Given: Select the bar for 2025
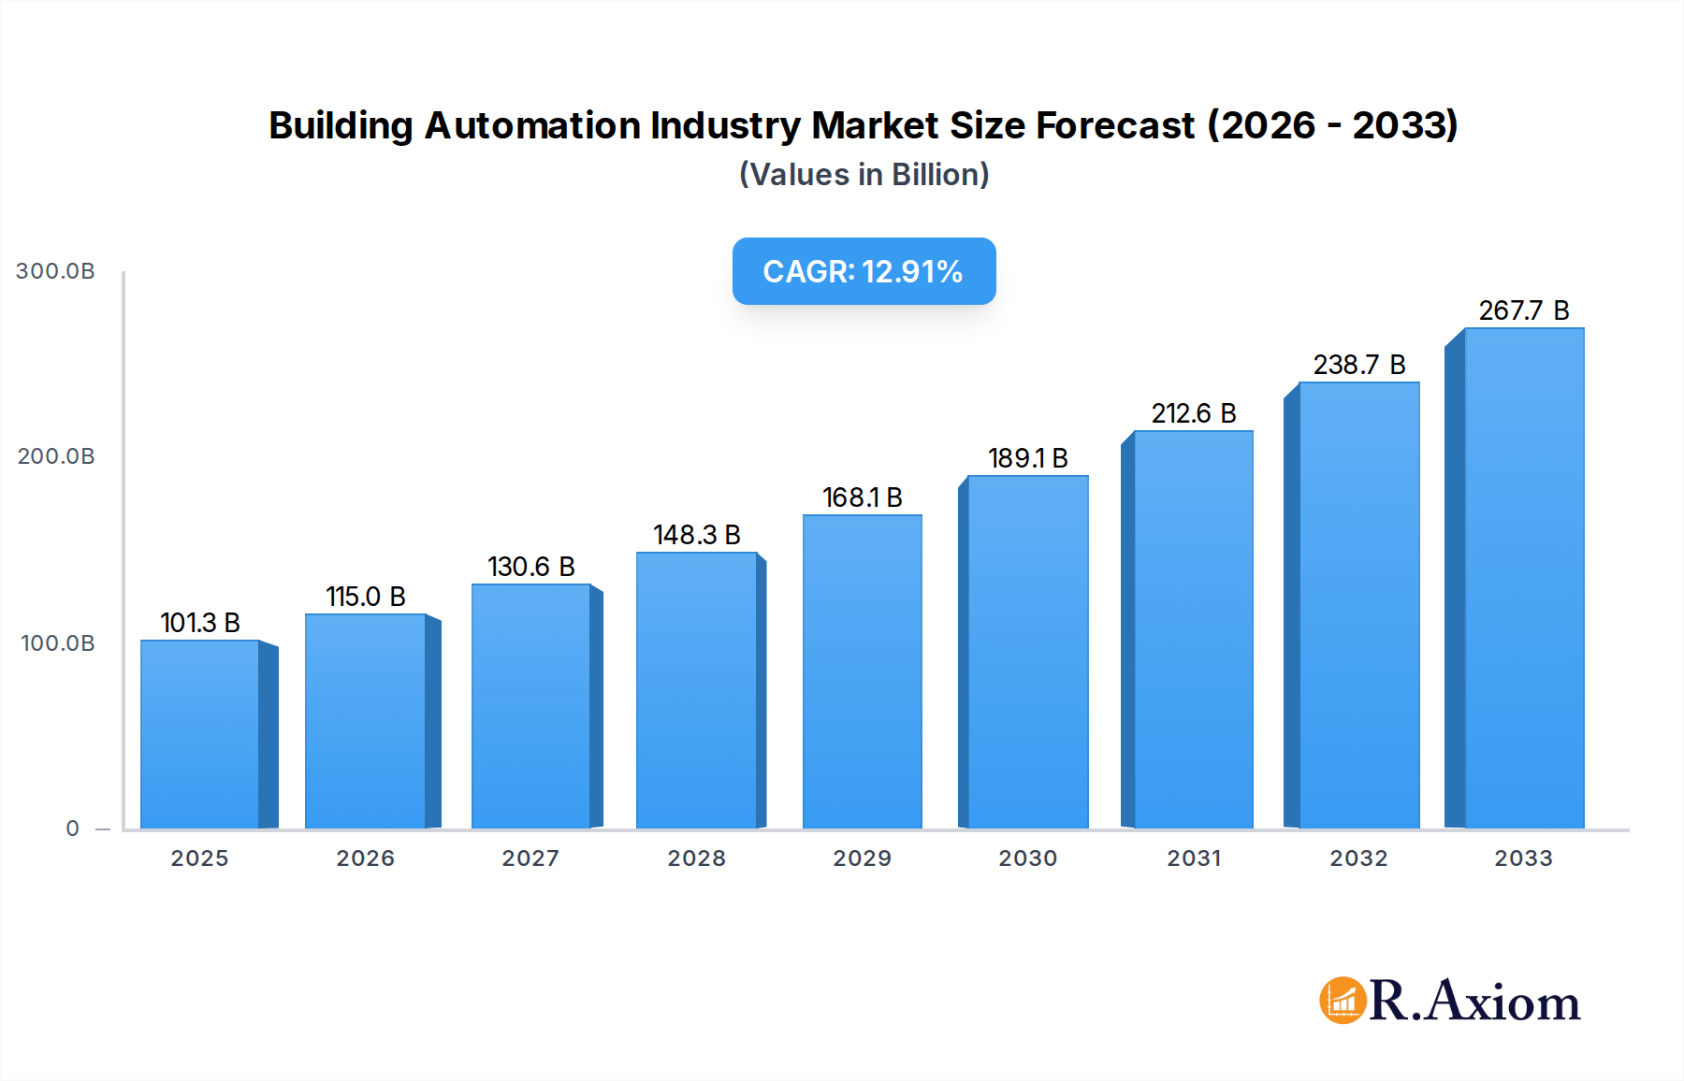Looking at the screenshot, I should (x=200, y=734).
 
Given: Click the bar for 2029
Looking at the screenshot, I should (x=862, y=671).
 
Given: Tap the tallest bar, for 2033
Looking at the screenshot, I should (x=1524, y=578).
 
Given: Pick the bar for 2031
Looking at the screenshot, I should (x=1193, y=629).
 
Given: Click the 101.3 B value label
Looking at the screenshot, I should (x=200, y=623).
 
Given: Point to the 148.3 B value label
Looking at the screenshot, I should (x=697, y=535).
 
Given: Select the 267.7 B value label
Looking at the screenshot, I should (x=1524, y=310).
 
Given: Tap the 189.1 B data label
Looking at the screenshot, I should (x=1028, y=458).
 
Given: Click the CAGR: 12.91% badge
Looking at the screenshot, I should (x=864, y=271).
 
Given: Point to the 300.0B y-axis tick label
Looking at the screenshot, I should (x=56, y=271).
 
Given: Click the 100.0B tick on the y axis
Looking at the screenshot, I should (x=58, y=643).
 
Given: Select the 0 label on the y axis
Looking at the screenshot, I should (x=73, y=829).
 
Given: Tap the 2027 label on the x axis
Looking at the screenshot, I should (x=530, y=858).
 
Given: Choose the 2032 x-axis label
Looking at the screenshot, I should (x=1358, y=858).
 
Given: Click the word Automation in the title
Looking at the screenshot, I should (x=532, y=125).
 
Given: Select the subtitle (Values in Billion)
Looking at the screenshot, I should (x=864, y=175).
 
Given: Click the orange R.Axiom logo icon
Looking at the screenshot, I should (x=1343, y=1001).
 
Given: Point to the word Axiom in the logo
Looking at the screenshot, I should (x=1503, y=1002).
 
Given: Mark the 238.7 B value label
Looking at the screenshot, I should (x=1359, y=365).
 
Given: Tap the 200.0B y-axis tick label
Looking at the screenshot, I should (x=56, y=456).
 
